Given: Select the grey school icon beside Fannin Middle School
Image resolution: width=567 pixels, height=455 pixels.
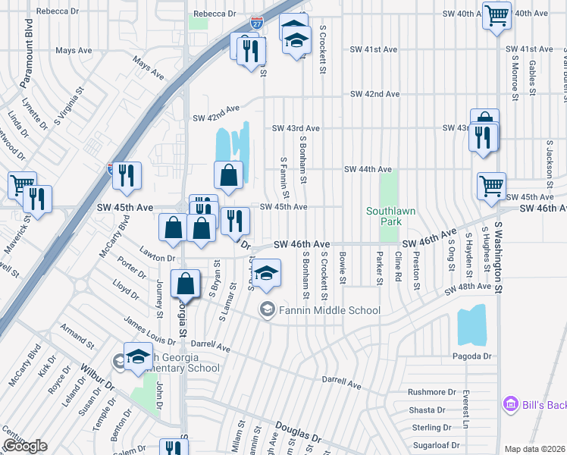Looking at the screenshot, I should (267, 309).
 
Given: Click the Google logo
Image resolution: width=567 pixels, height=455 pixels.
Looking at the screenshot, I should (25, 446).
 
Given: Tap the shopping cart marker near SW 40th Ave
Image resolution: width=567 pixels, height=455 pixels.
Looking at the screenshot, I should (497, 15).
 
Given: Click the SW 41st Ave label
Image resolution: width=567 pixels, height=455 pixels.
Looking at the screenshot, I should (374, 49).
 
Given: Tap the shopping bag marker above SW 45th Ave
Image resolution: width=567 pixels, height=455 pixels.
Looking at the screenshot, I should (228, 176).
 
